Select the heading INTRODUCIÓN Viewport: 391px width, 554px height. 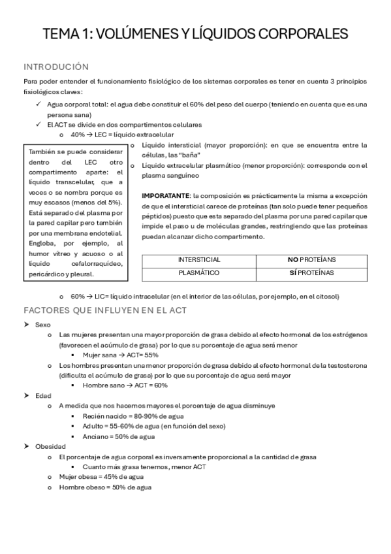click(55, 67)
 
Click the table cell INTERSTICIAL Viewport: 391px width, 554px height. click(199, 259)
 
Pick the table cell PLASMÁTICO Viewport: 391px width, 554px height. click(199, 272)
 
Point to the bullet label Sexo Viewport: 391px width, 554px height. click(44, 324)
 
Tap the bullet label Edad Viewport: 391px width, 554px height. click(43, 395)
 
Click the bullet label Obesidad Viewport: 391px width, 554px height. click(50, 446)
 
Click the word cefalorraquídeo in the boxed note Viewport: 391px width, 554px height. click(85, 264)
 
